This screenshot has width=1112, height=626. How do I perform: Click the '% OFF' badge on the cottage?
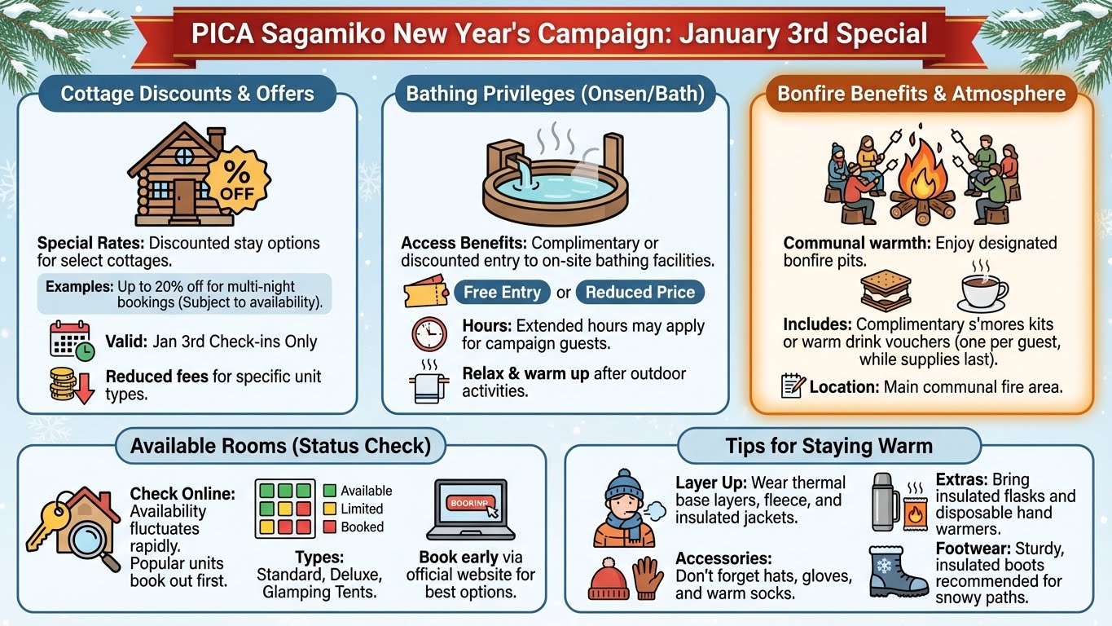237,180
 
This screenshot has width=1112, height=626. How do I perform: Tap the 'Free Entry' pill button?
502,292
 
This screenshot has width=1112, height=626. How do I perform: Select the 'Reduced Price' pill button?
640,292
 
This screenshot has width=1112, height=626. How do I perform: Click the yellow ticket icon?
426,292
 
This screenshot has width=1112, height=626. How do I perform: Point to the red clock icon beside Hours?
429,334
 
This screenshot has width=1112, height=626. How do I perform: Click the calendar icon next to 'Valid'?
72,341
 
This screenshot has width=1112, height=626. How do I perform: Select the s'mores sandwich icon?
886,291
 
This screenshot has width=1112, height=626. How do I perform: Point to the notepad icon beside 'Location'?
793,386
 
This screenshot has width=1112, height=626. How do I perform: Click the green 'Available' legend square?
329,491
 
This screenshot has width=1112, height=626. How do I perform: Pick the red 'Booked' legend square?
329,527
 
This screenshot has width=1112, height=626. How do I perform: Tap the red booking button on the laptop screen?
470,502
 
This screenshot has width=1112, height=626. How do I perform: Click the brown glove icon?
648,578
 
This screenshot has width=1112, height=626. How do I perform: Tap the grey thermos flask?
886,501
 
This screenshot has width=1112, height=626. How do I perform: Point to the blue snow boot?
898,571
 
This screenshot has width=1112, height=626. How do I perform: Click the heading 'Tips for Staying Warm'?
829,446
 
